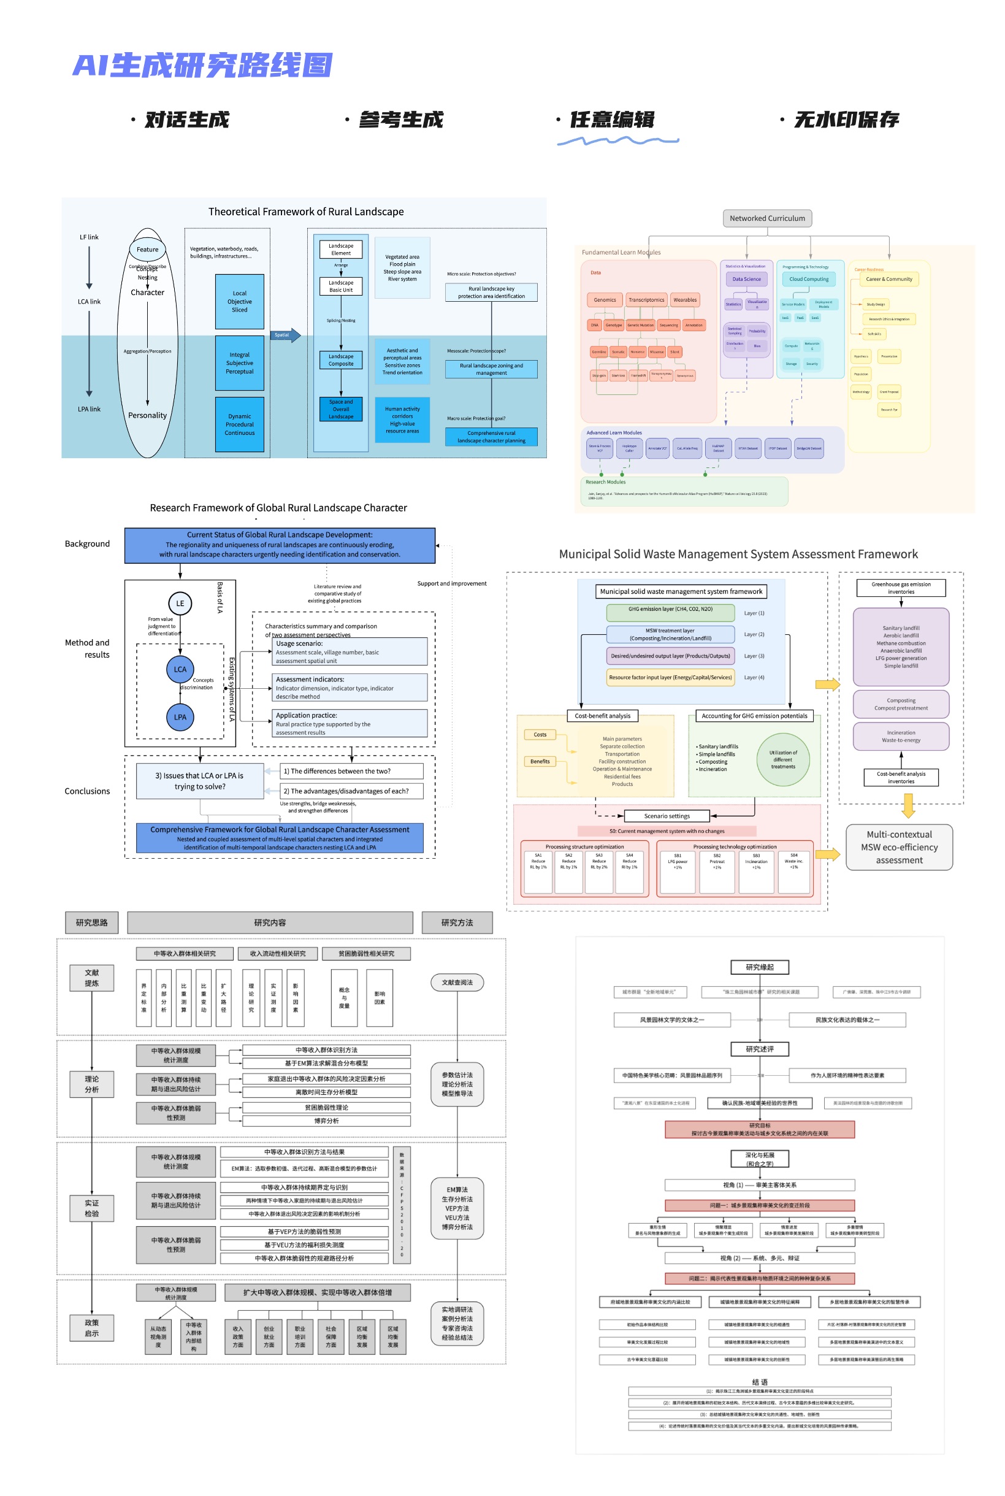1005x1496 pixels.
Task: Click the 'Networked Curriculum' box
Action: (766, 218)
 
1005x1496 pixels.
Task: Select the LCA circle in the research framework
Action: (180, 669)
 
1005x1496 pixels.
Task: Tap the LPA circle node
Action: (180, 716)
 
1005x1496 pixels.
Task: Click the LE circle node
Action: (180, 603)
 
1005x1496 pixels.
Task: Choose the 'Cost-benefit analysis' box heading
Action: (602, 715)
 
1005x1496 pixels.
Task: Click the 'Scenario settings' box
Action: (667, 816)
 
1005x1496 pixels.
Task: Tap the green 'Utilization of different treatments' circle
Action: (782, 759)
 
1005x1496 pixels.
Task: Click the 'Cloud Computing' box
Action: (808, 279)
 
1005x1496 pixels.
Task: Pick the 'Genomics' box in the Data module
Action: (605, 299)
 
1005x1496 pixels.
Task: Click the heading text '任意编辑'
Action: (611, 120)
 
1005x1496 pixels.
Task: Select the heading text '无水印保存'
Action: (846, 120)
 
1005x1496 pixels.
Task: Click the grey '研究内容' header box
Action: (270, 923)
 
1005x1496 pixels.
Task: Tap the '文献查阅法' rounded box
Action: (457, 982)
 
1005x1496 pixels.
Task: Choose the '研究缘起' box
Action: (760, 967)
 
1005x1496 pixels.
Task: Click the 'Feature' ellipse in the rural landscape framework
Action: (147, 249)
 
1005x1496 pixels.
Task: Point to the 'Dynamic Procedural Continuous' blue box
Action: (239, 424)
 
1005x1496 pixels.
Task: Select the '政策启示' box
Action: (91, 1327)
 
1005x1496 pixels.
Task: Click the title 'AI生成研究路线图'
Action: (202, 66)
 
